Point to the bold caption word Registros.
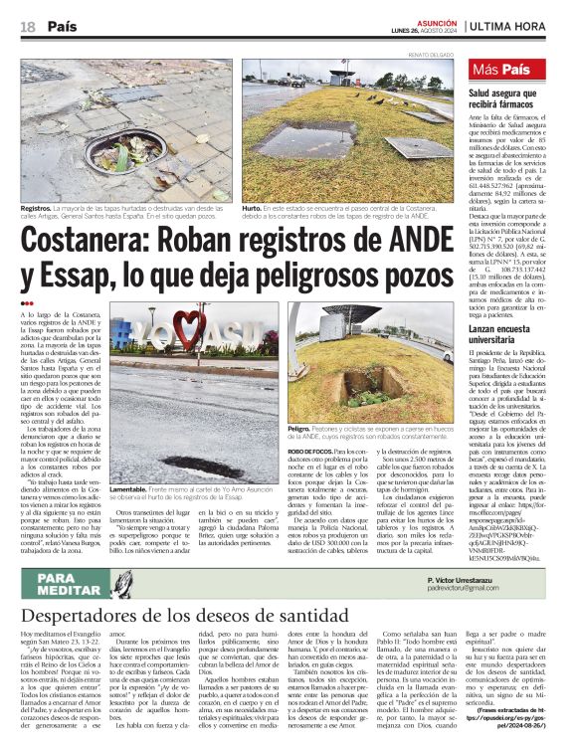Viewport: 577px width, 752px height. pos(39,208)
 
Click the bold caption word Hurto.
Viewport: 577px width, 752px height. pos(253,208)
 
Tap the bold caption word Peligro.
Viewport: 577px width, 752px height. pos(301,427)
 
